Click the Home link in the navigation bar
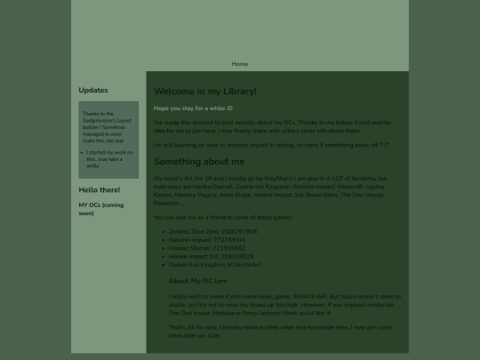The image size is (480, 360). pos(240,64)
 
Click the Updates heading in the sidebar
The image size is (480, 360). pos(93,90)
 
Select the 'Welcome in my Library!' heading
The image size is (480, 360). pos(205,92)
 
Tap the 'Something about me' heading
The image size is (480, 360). pos(199,162)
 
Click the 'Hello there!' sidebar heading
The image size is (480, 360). pos(99,190)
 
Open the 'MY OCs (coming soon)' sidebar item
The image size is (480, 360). pos(100,209)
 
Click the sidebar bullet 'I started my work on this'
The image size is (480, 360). pos(109,152)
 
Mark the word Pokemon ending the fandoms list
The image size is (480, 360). pos(168,202)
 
